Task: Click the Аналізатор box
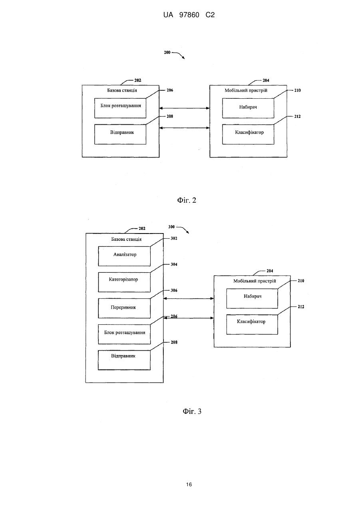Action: click(x=124, y=256)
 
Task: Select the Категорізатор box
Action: click(x=124, y=282)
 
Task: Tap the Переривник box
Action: click(x=124, y=308)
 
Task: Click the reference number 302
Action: click(x=174, y=238)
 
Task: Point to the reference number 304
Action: click(x=174, y=264)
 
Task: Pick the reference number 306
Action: click(x=174, y=290)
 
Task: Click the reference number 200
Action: click(x=167, y=52)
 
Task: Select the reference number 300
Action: click(x=171, y=227)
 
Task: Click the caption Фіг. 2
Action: click(x=187, y=200)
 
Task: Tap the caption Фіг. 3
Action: click(x=192, y=411)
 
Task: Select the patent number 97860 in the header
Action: click(x=189, y=15)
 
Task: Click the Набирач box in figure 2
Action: click(x=248, y=108)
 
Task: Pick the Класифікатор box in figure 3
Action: click(x=252, y=325)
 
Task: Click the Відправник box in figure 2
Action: click(x=120, y=134)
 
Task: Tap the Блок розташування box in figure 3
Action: click(x=124, y=334)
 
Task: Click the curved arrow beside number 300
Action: click(x=183, y=229)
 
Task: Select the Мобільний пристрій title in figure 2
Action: click(x=246, y=90)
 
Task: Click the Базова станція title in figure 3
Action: click(x=126, y=239)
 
